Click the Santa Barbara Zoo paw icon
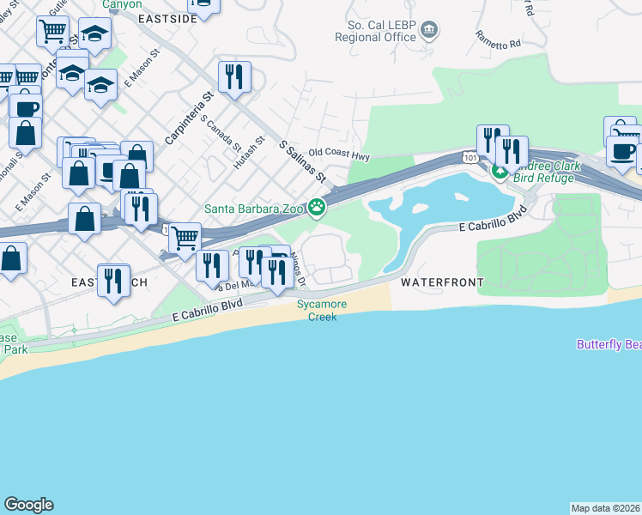(318, 206)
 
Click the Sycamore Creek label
(317, 310)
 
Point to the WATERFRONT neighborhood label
(441, 282)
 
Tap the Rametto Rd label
(499, 39)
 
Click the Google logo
(28, 505)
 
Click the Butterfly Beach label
(609, 344)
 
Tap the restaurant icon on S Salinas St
(234, 77)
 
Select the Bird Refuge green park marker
(500, 173)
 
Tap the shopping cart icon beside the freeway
(185, 238)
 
